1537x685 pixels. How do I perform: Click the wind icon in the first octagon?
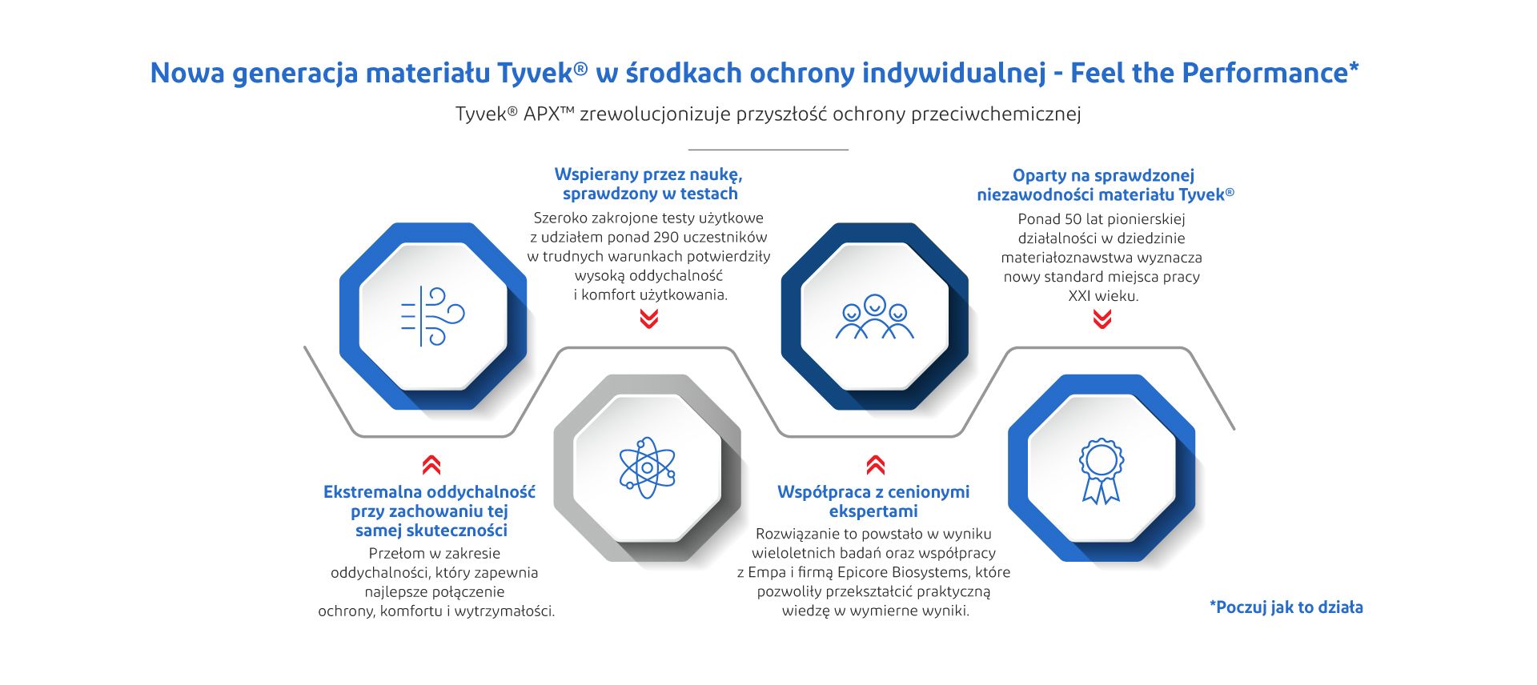click(432, 316)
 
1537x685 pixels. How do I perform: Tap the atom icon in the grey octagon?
click(647, 467)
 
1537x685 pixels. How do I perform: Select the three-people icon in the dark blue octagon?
click(875, 317)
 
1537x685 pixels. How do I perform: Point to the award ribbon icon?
click(1102, 471)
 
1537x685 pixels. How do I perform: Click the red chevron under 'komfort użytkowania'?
click(649, 319)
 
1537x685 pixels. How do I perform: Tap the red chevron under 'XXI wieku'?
click(1102, 320)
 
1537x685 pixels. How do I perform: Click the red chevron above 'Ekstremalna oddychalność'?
click(431, 465)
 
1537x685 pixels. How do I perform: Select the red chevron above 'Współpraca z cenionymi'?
click(876, 465)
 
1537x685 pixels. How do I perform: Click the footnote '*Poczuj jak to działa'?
click(1286, 607)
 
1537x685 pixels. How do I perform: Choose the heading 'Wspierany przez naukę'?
click(648, 174)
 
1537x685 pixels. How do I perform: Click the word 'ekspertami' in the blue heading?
click(873, 511)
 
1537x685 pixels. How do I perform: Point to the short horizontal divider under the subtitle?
click(768, 150)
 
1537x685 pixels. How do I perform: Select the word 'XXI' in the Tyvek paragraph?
click(1081, 296)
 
